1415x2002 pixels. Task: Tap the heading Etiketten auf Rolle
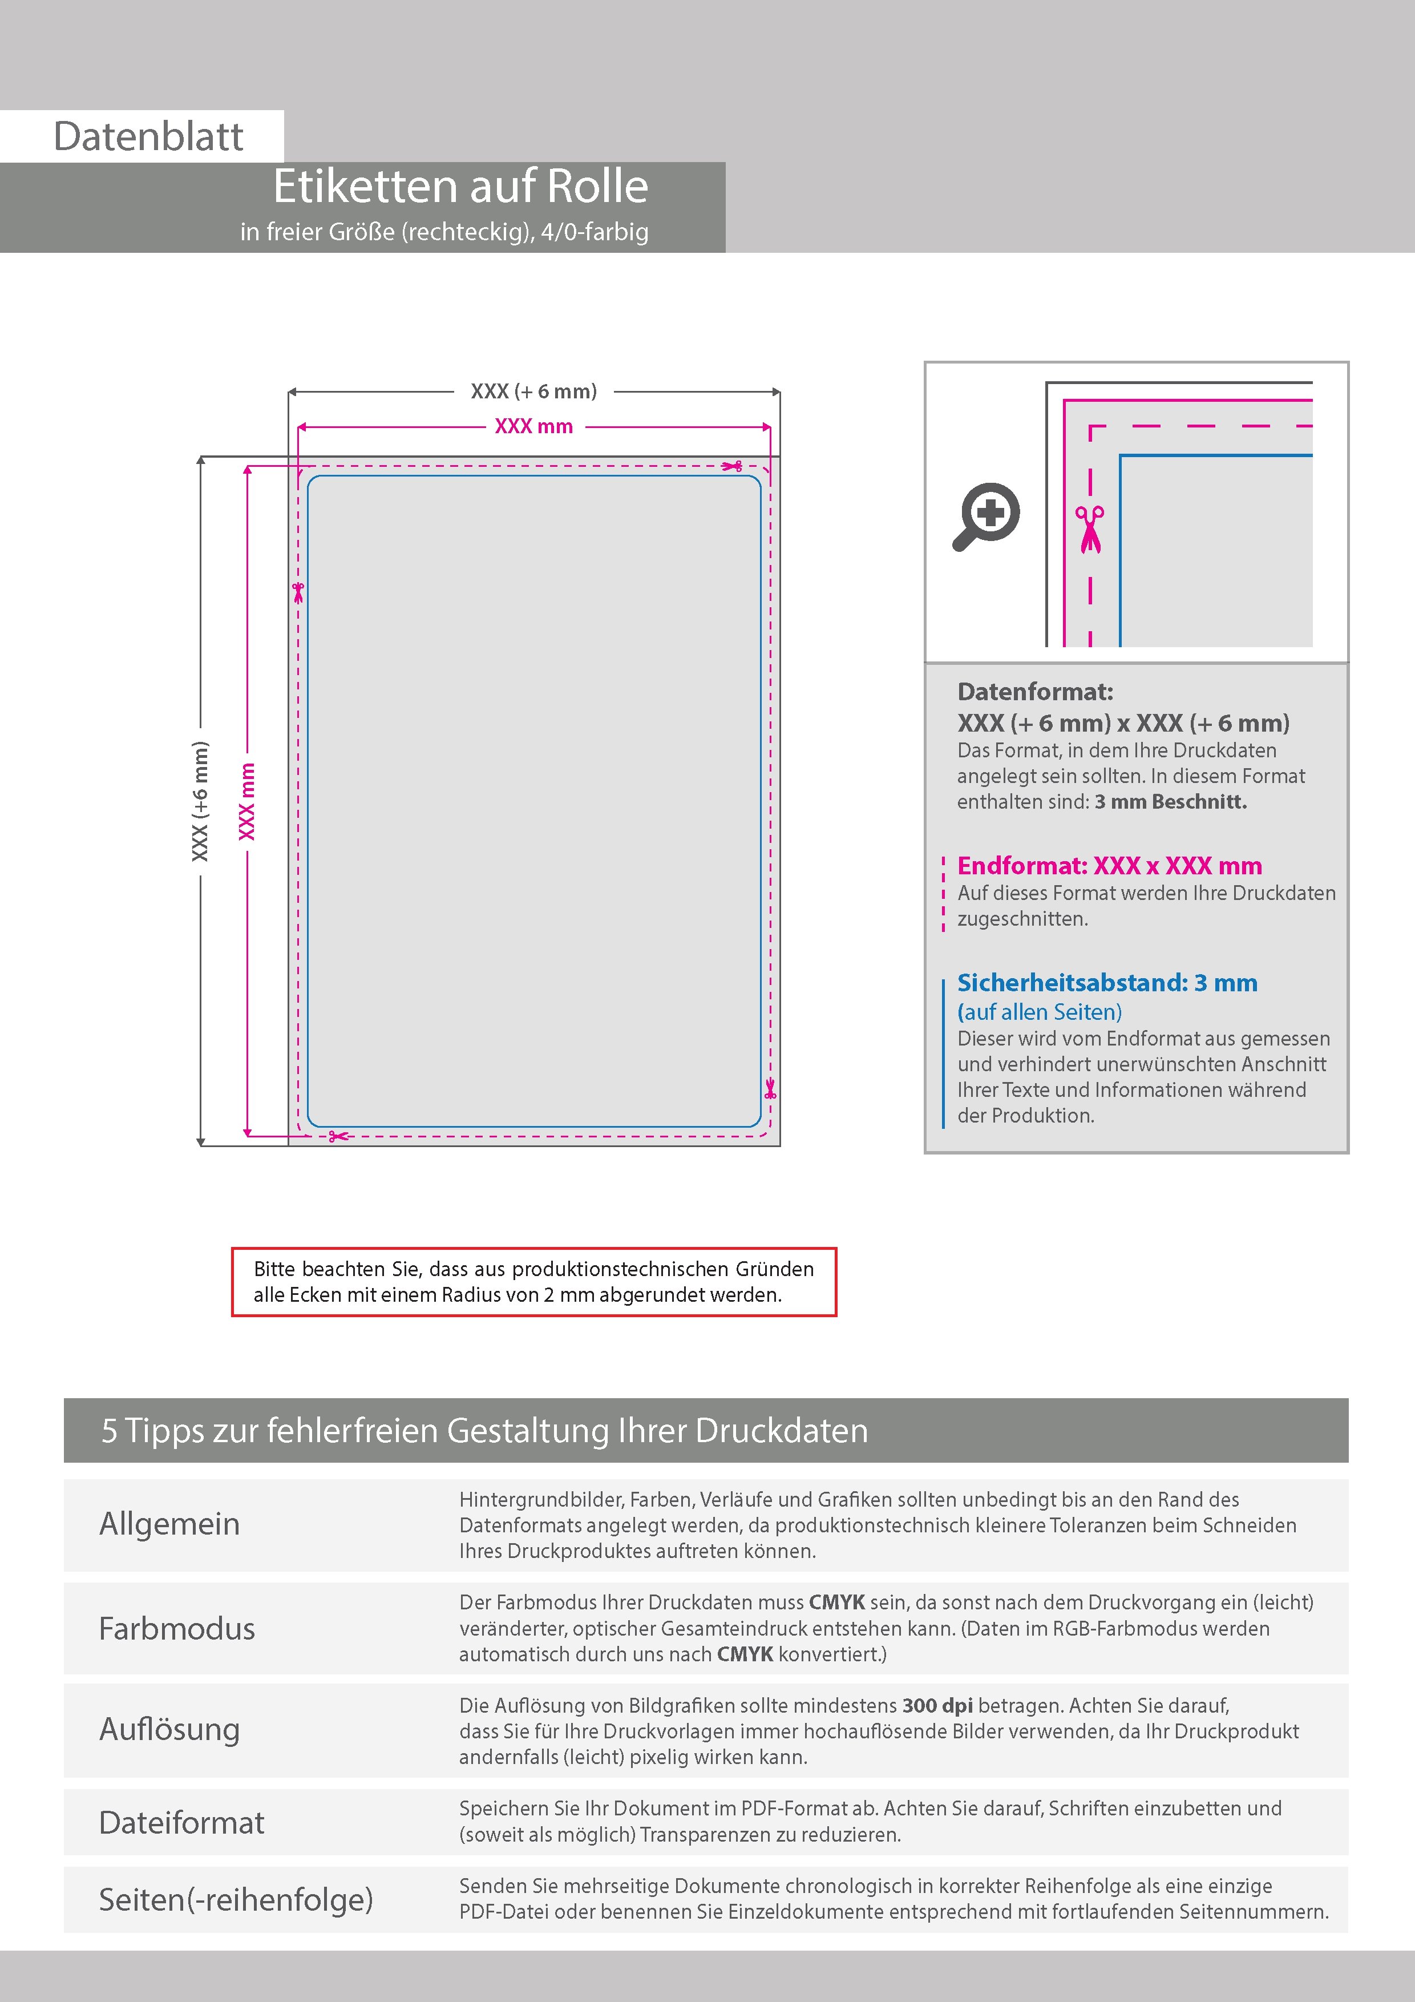[x=460, y=187]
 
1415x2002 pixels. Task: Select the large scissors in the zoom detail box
[x=1089, y=529]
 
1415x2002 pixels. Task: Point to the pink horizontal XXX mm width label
[x=533, y=426]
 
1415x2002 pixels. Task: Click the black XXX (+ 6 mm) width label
[x=533, y=391]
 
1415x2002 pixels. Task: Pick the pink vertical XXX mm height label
[x=248, y=801]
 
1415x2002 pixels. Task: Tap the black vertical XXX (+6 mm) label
[x=200, y=801]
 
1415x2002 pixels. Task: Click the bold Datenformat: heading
[x=1035, y=692]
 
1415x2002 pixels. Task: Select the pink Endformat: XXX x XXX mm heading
[x=1109, y=866]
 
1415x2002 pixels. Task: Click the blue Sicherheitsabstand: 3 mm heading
[x=1106, y=983]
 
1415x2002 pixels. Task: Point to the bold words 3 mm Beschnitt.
[x=1170, y=802]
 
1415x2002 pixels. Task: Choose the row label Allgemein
[x=169, y=1524]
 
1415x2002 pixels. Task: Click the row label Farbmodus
[x=177, y=1629]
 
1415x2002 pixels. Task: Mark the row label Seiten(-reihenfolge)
[x=236, y=1899]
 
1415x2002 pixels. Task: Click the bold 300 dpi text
[x=937, y=1706]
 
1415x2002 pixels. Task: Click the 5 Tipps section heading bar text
[x=485, y=1431]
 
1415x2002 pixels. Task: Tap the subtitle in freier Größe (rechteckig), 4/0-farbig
[x=444, y=232]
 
